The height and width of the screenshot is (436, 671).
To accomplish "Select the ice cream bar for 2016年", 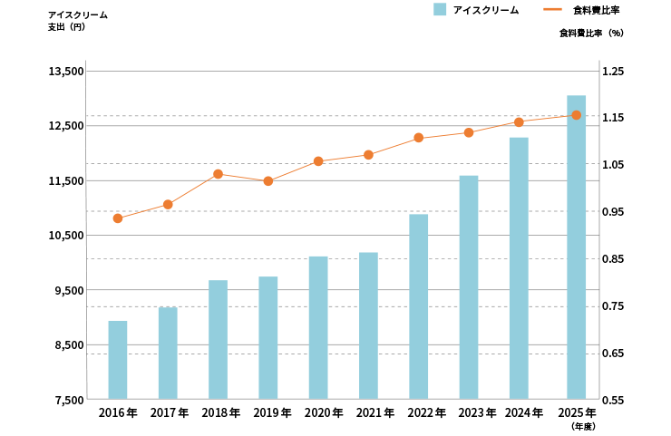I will (x=118, y=360).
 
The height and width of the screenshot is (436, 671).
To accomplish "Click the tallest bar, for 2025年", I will (x=577, y=247).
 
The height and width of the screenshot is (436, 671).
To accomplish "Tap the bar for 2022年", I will (x=418, y=306).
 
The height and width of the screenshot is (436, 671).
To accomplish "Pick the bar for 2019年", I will (x=267, y=337).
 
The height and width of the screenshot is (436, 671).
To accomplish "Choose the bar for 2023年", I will (x=469, y=286).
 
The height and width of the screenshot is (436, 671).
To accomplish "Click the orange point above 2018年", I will (x=218, y=174).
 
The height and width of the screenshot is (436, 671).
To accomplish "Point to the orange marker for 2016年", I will (x=118, y=218).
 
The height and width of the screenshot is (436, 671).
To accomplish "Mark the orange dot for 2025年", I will (x=577, y=115).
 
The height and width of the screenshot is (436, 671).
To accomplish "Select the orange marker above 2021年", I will (x=368, y=155).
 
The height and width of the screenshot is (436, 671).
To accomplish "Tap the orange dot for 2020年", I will (x=318, y=161).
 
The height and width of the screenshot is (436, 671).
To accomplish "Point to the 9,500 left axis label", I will (x=69, y=290).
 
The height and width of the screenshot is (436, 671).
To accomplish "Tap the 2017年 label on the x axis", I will (x=170, y=413).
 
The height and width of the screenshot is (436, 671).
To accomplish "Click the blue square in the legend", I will (x=440, y=10).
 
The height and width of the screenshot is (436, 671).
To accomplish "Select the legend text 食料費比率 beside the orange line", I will (x=597, y=10).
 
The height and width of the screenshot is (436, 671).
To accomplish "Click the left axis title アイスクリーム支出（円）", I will (x=77, y=21).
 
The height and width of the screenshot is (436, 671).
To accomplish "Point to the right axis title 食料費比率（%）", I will (x=591, y=33).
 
